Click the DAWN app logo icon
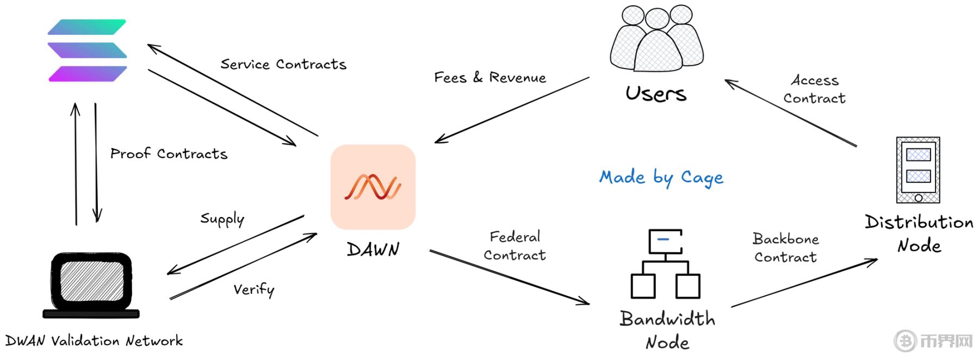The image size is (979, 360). pos(373,187)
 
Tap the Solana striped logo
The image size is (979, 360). pos(88,51)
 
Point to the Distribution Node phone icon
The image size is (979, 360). pos(918,170)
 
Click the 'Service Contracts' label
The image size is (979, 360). pos(283,64)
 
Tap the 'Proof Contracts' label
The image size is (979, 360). pos(169,154)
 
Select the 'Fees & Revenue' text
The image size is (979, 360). pos(489,78)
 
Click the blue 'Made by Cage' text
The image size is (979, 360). pos(661,177)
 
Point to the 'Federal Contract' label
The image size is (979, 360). pos(515,246)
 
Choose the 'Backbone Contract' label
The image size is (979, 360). pos(785,247)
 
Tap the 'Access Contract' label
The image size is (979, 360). pos(814,89)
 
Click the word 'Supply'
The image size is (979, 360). pos(222,219)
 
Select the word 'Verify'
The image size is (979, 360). pos(254,289)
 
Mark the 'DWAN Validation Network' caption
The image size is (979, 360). pos(94,341)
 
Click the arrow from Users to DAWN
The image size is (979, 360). pos(511,110)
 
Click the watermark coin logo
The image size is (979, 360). pos(906,341)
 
